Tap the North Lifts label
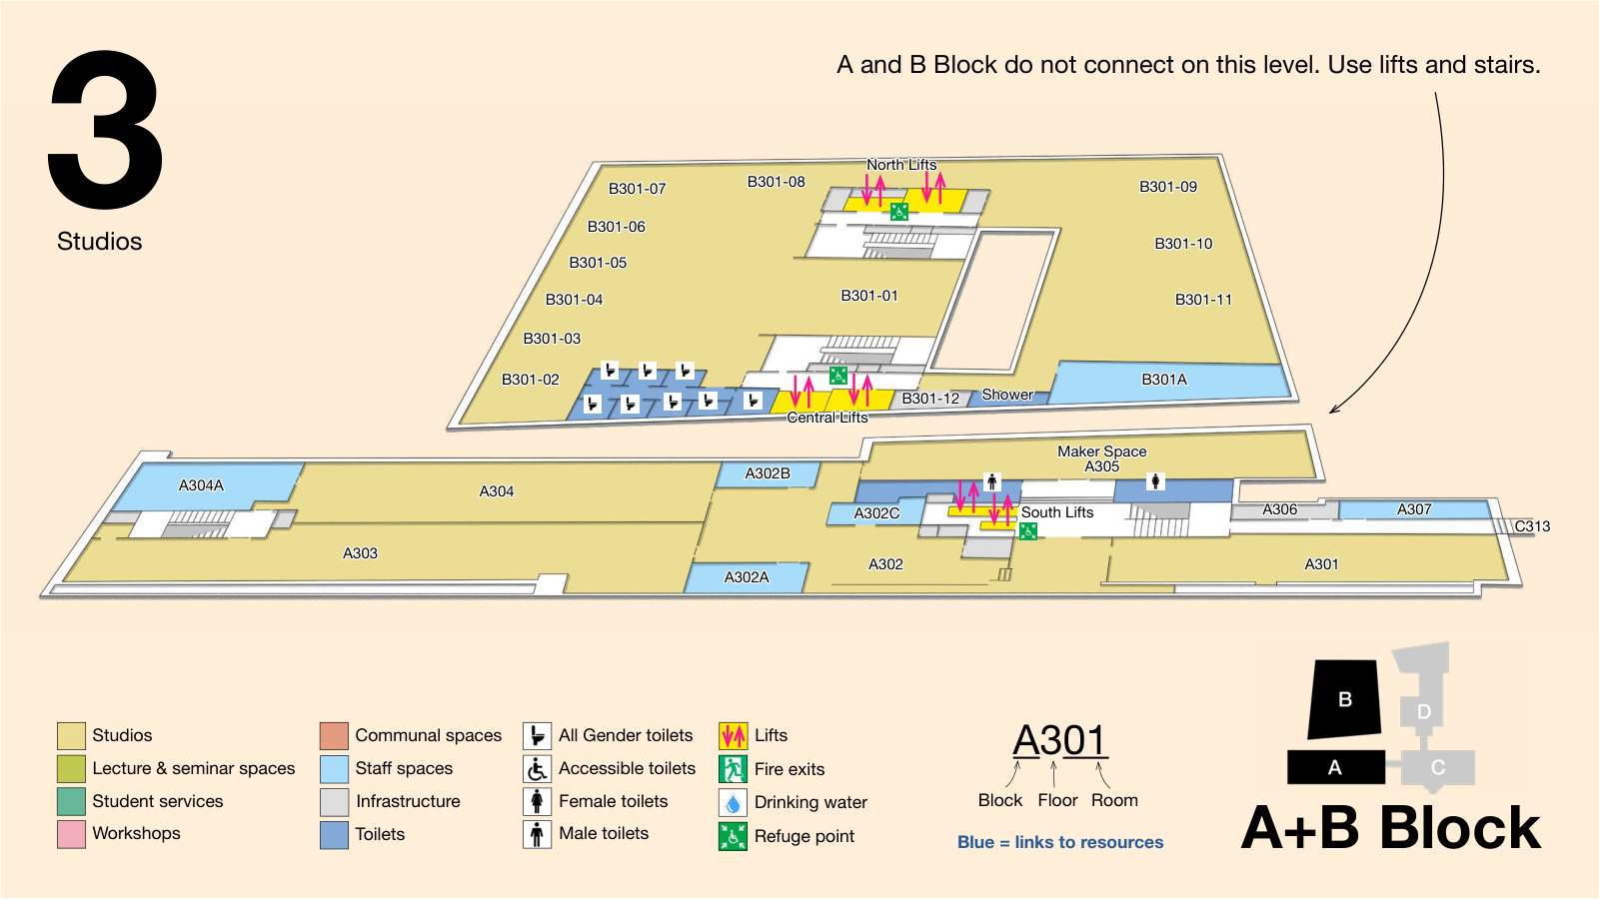point(901,165)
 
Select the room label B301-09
point(1168,187)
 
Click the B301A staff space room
point(1169,382)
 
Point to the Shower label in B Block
point(1007,395)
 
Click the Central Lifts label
point(827,418)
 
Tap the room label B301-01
point(869,296)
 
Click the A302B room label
point(768,473)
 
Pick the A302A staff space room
point(747,577)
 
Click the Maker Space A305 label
point(1102,458)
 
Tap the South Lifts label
point(1057,512)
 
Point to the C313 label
point(1533,526)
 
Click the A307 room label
point(1414,509)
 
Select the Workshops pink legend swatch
point(71,834)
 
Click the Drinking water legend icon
point(734,803)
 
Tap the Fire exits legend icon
point(734,769)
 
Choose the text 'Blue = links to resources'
point(1060,843)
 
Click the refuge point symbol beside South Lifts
point(1028,530)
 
